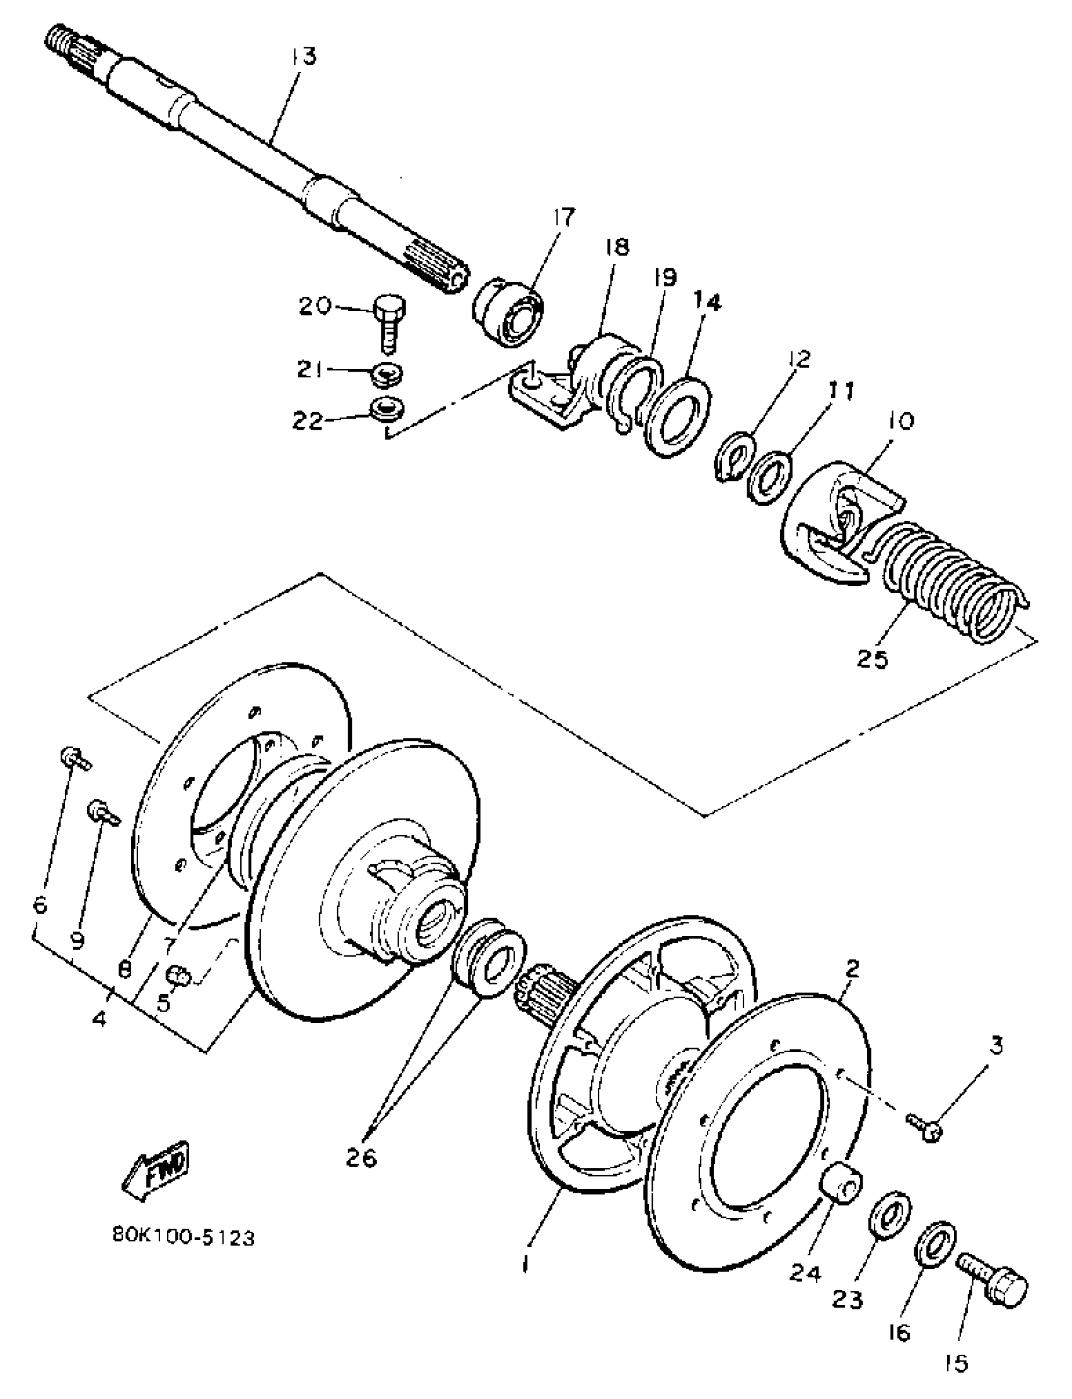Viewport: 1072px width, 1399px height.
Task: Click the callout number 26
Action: point(361,1158)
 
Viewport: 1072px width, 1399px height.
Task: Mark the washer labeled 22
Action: point(387,410)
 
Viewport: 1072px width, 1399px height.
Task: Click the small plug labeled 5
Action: point(178,976)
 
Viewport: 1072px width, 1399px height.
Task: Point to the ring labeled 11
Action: point(771,476)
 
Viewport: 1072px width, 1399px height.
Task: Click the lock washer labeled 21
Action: point(387,371)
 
